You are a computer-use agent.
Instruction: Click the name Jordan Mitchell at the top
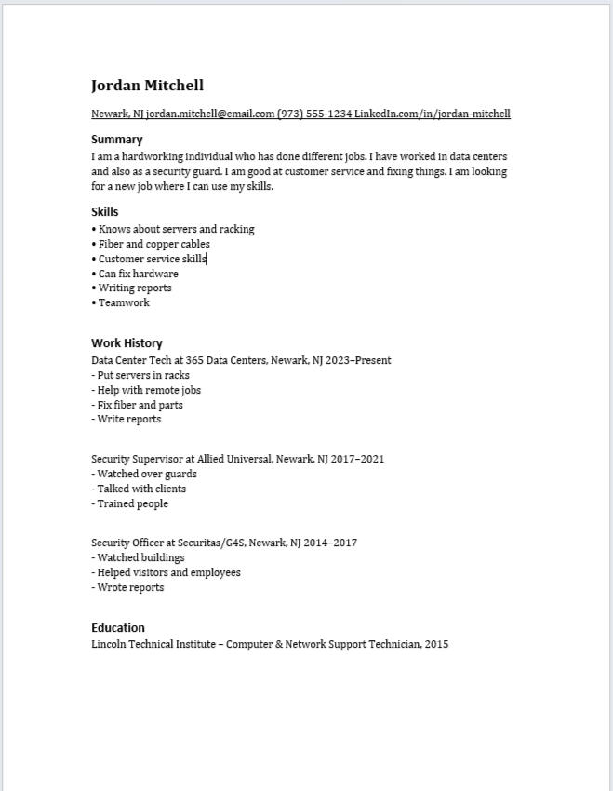click(147, 86)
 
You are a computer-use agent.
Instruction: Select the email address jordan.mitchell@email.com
click(210, 114)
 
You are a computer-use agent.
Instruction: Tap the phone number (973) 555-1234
click(314, 114)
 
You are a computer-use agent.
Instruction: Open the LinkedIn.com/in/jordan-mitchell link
click(433, 114)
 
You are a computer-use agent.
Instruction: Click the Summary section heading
click(117, 140)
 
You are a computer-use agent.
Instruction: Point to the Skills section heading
click(105, 212)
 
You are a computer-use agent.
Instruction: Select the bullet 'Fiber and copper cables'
click(154, 244)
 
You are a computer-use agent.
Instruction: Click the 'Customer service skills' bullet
click(153, 259)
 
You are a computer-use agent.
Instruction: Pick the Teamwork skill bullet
click(124, 302)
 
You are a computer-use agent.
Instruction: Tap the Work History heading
click(127, 342)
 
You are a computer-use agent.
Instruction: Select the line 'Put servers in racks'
click(143, 375)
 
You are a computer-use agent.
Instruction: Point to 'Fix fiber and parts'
click(140, 405)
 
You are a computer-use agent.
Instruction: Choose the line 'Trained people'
click(133, 503)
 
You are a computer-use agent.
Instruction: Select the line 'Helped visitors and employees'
click(168, 572)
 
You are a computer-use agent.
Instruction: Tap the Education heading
click(118, 627)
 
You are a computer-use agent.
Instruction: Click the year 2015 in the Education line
click(436, 643)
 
